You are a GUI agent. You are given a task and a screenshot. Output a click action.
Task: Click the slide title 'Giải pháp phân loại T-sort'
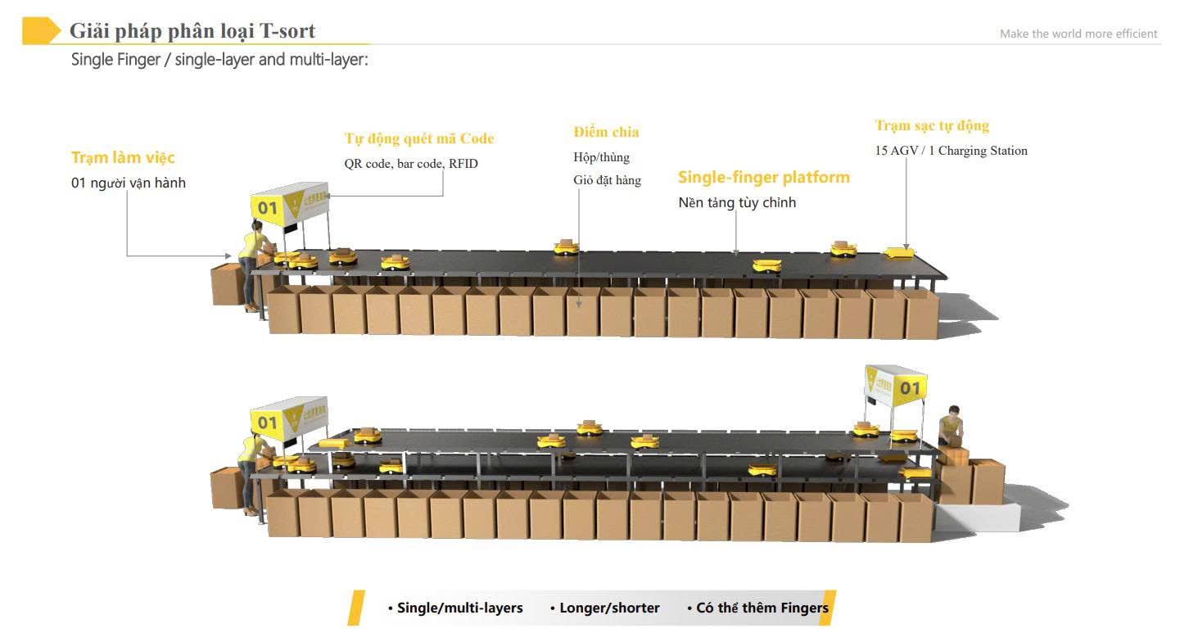pyautogui.click(x=192, y=31)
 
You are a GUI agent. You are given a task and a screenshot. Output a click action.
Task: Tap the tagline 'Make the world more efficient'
pyautogui.click(x=1078, y=34)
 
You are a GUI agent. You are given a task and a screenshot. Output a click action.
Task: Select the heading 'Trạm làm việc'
pyautogui.click(x=123, y=157)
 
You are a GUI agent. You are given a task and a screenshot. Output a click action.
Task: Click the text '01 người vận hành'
pyautogui.click(x=129, y=183)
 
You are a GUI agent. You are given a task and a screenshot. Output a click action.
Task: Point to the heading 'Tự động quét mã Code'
pyautogui.click(x=419, y=138)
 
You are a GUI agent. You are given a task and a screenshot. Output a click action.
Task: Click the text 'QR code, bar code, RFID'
pyautogui.click(x=411, y=164)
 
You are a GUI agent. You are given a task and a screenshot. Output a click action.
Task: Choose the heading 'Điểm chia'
pyautogui.click(x=606, y=132)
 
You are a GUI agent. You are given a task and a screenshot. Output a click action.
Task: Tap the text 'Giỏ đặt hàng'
pyautogui.click(x=607, y=180)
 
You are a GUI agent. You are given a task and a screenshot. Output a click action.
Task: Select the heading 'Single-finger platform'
pyautogui.click(x=763, y=177)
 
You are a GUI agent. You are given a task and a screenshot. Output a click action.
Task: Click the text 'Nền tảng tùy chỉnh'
pyautogui.click(x=737, y=202)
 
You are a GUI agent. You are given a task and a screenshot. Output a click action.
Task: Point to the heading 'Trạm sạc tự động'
pyautogui.click(x=932, y=125)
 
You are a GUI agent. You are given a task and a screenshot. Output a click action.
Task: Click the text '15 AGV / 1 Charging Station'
pyautogui.click(x=951, y=151)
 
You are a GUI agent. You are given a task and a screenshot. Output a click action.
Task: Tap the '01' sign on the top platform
pyautogui.click(x=268, y=208)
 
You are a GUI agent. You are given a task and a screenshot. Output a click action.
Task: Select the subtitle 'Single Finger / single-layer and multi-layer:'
pyautogui.click(x=219, y=60)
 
